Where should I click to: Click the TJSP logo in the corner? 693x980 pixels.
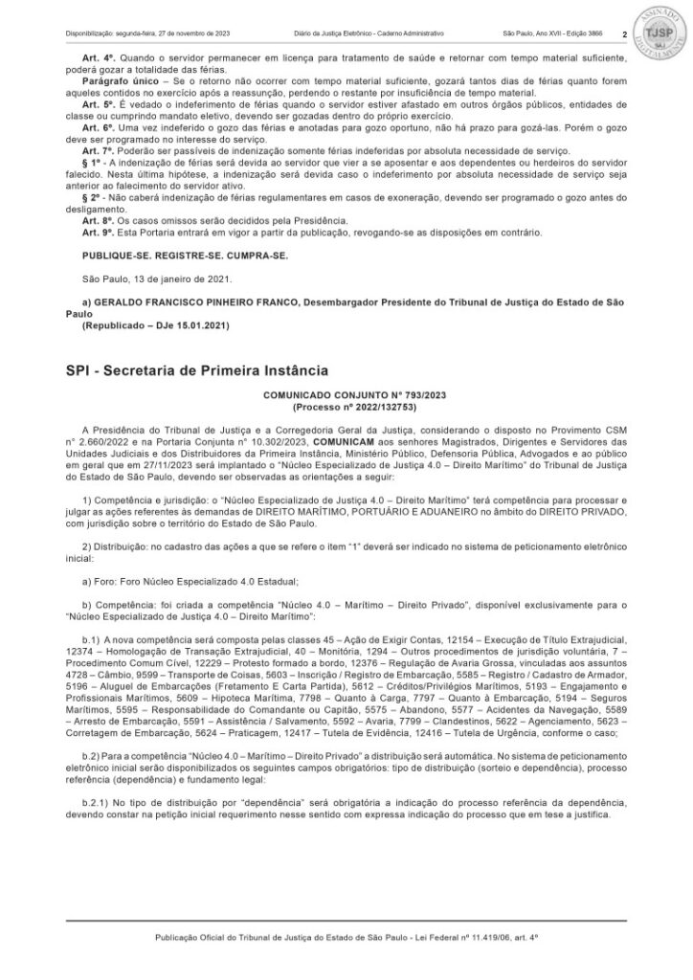(x=659, y=36)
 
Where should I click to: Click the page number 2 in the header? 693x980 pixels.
(x=625, y=34)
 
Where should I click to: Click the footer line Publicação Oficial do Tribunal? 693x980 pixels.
(x=346, y=939)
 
